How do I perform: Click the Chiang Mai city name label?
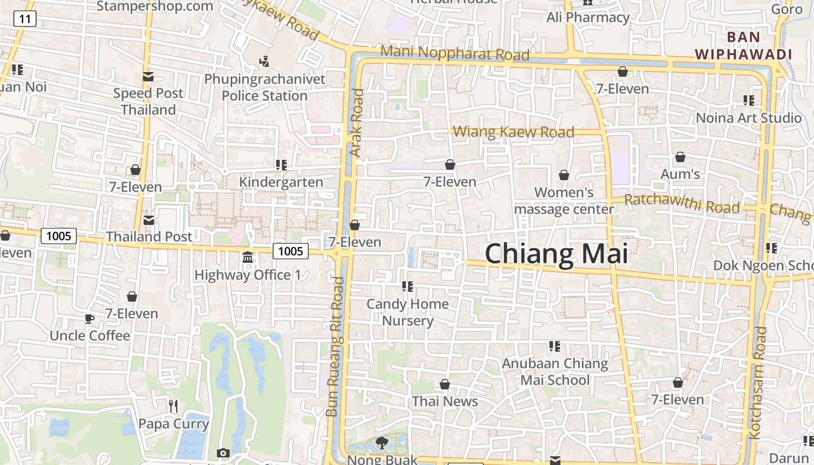tap(556, 255)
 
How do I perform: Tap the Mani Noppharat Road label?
tap(455, 53)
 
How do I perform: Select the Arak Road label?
tap(356, 123)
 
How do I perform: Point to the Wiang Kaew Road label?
tap(513, 133)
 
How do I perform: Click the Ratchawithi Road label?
tap(681, 204)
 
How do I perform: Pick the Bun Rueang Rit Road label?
tap(337, 346)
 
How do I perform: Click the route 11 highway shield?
tap(25, 19)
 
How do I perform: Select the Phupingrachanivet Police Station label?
tap(265, 87)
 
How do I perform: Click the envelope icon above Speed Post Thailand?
tap(148, 76)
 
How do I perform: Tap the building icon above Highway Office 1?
tap(248, 257)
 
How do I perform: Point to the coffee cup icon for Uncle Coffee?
tap(89, 318)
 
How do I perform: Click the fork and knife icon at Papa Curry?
tap(173, 406)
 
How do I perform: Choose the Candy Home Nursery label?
tap(408, 312)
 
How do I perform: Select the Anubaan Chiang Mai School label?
tap(555, 372)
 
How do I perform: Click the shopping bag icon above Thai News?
tap(445, 384)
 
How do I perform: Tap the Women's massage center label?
tap(564, 201)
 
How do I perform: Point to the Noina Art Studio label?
tap(749, 118)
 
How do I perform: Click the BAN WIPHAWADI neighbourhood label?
tap(744, 45)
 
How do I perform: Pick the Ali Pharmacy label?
tap(588, 17)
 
